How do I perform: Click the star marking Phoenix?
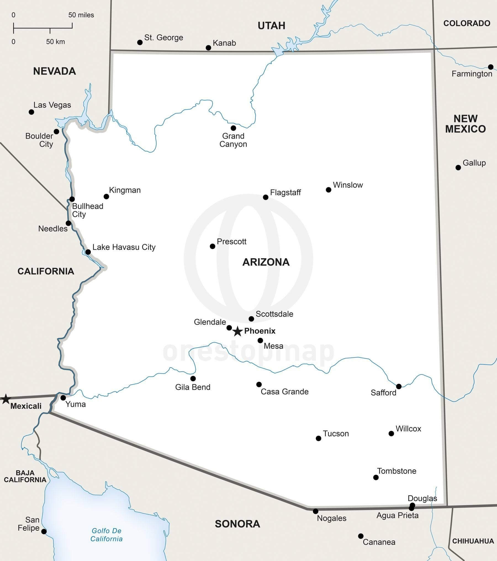pyautogui.click(x=237, y=331)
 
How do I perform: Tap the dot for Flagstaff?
pyautogui.click(x=266, y=197)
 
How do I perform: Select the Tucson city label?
pyautogui.click(x=336, y=434)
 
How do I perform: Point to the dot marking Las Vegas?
pyautogui.click(x=31, y=112)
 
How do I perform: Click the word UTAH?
pyautogui.click(x=271, y=26)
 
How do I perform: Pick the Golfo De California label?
pyautogui.click(x=107, y=535)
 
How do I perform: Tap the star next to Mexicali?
pyautogui.click(x=6, y=399)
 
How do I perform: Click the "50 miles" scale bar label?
pyautogui.click(x=81, y=15)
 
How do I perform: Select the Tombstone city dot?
pyautogui.click(x=376, y=477)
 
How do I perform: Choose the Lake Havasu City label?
pyautogui.click(x=124, y=247)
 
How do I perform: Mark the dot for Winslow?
pyautogui.click(x=329, y=190)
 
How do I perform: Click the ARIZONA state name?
pyautogui.click(x=266, y=262)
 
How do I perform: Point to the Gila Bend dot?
pyautogui.click(x=193, y=378)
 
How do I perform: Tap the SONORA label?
pyautogui.click(x=237, y=524)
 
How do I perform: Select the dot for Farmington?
pyautogui.click(x=491, y=67)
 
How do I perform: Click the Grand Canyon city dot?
pyautogui.click(x=233, y=128)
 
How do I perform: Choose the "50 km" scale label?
pyautogui.click(x=55, y=42)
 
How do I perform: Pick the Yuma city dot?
pyautogui.click(x=63, y=398)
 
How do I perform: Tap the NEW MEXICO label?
pyautogui.click(x=466, y=124)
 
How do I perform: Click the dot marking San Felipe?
pyautogui.click(x=44, y=531)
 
